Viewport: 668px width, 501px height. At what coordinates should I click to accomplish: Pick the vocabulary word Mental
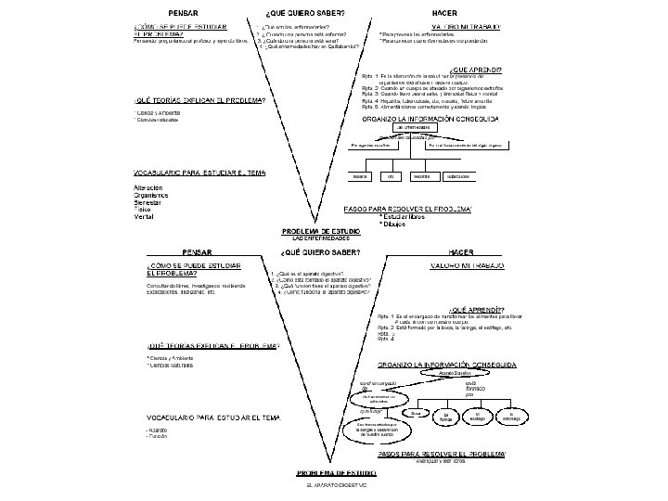click(145, 216)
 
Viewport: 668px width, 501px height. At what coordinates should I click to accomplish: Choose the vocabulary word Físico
click(144, 209)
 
